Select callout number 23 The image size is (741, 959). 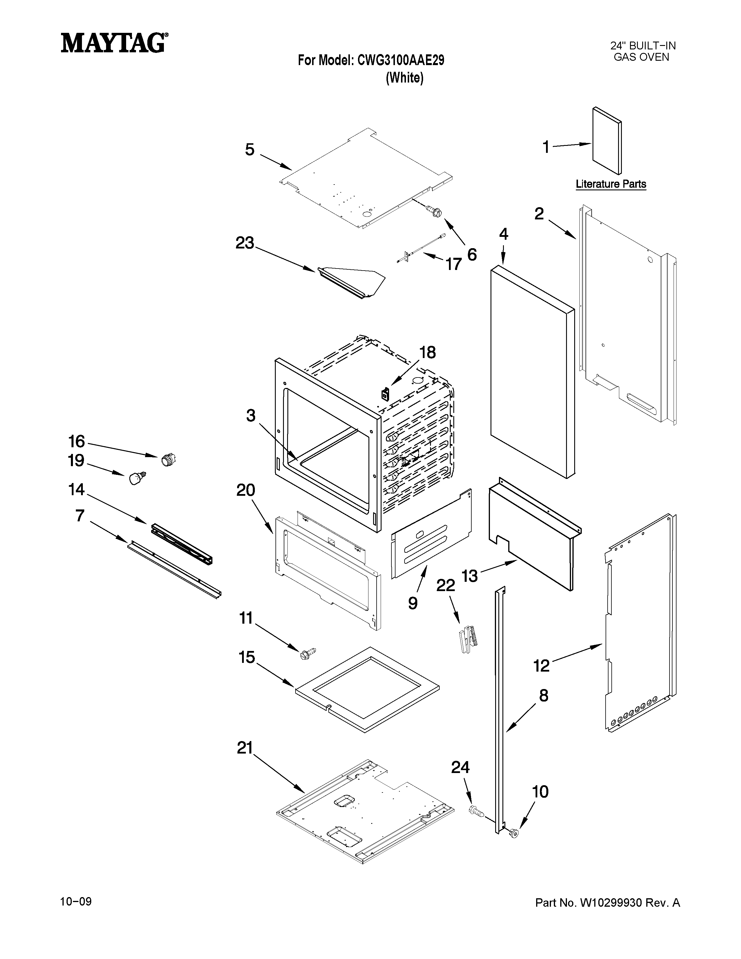(x=244, y=243)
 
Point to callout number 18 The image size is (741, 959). (x=427, y=352)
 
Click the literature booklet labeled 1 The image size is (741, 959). (x=607, y=142)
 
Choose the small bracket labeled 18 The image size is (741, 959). (x=385, y=393)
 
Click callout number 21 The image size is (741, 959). (x=245, y=748)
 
